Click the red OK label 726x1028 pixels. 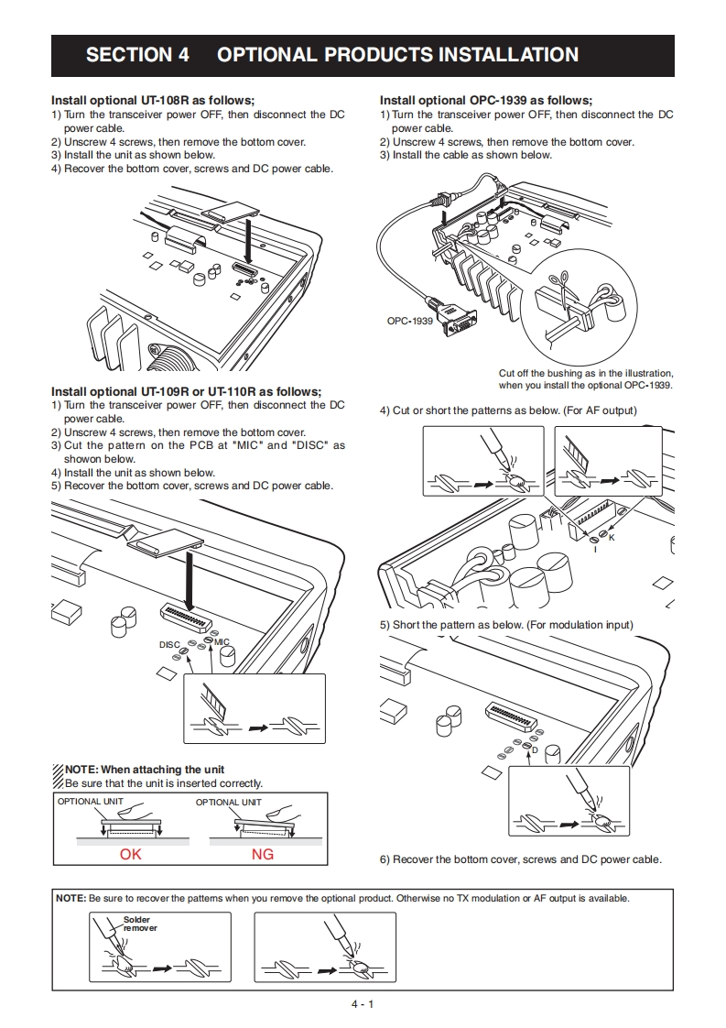tap(131, 854)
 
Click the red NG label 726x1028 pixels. tap(263, 854)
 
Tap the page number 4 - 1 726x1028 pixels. tap(363, 1004)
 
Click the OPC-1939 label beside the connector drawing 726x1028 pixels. tap(409, 321)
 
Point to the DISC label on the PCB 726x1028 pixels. tap(169, 645)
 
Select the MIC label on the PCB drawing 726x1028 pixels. tap(222, 642)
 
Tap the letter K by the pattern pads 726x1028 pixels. tap(612, 537)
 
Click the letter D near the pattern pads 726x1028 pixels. tap(535, 750)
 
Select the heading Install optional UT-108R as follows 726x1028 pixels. tap(153, 101)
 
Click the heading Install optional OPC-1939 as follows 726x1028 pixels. tap(486, 101)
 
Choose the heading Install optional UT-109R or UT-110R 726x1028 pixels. tap(187, 391)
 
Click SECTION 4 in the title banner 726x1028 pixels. tap(137, 55)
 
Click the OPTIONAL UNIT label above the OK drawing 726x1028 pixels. tap(92, 802)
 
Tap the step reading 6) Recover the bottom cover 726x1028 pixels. tap(520, 859)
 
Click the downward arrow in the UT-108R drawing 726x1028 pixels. tap(248, 240)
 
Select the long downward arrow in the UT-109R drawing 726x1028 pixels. tap(187, 577)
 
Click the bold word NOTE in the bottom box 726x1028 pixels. tap(71, 898)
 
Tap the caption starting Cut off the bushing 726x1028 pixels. tap(586, 379)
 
